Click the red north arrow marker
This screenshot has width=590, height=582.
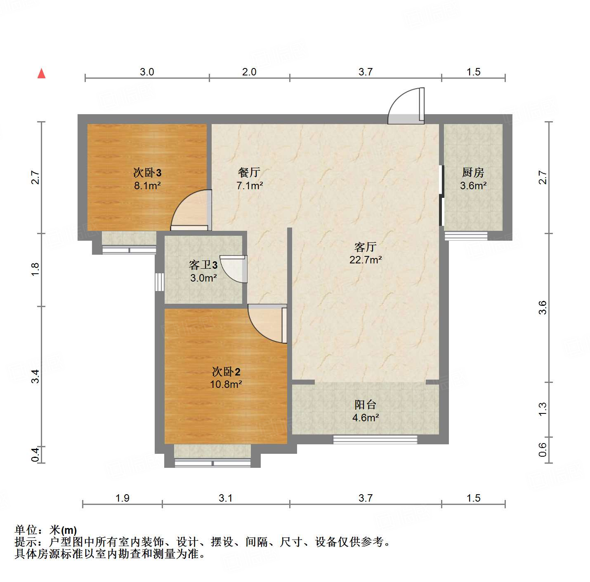[41, 73]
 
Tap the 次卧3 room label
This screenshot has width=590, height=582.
[147, 172]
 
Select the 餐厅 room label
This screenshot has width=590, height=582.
[249, 172]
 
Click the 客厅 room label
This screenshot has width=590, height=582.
[365, 247]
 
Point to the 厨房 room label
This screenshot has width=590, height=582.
[473, 172]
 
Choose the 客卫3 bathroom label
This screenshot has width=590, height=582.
[203, 265]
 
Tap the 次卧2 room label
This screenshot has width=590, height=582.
[226, 372]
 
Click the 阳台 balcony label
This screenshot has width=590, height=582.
[365, 405]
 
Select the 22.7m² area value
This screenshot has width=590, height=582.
[365, 260]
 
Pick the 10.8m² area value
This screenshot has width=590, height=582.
[226, 385]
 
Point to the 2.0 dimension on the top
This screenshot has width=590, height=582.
[249, 72]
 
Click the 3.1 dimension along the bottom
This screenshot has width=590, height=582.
[226, 498]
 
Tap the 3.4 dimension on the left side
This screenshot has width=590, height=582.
[35, 376]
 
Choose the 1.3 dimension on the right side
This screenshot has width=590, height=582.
[543, 409]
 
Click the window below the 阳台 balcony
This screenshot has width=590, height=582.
[375, 439]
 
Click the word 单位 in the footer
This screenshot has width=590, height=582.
[26, 530]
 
